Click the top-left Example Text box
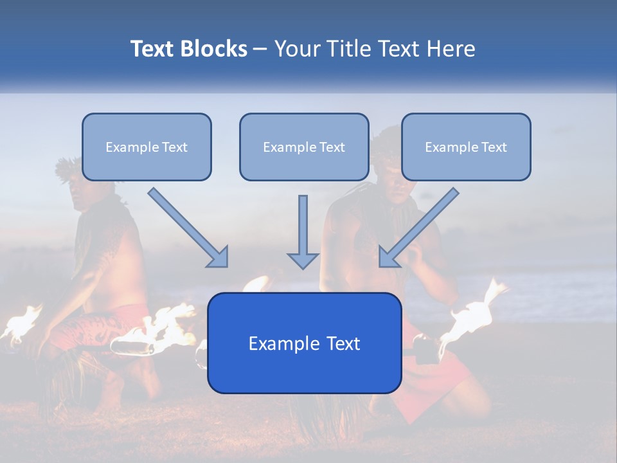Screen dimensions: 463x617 (147, 147)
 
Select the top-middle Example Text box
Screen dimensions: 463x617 (304, 147)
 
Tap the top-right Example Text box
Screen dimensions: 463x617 (466, 147)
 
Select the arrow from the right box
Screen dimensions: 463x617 (418, 228)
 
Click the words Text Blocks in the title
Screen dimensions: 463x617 (188, 49)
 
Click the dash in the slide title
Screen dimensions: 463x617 (260, 50)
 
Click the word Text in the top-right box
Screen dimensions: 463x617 (494, 147)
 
